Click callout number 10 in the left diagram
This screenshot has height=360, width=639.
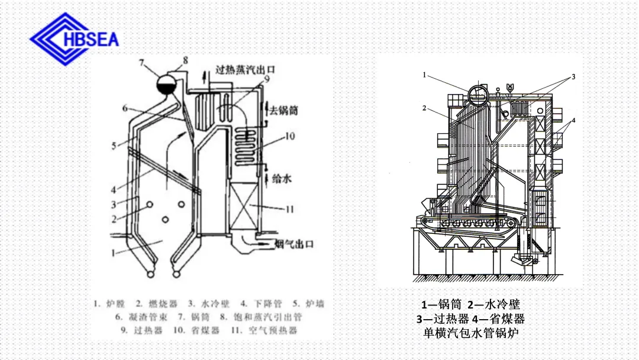coord(289,136)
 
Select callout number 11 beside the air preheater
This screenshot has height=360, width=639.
coord(289,209)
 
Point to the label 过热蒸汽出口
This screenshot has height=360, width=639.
coord(244,70)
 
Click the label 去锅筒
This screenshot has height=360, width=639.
coord(283,111)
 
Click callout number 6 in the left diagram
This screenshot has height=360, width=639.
coord(125,108)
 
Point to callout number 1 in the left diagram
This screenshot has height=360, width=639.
coord(112,252)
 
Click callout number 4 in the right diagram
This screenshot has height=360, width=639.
coord(574,120)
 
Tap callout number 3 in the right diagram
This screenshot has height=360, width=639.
coord(573,77)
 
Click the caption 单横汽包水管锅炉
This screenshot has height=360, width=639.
coord(471,333)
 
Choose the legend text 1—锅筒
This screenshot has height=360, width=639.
coord(440,305)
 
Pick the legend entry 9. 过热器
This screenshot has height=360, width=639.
coord(141,330)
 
